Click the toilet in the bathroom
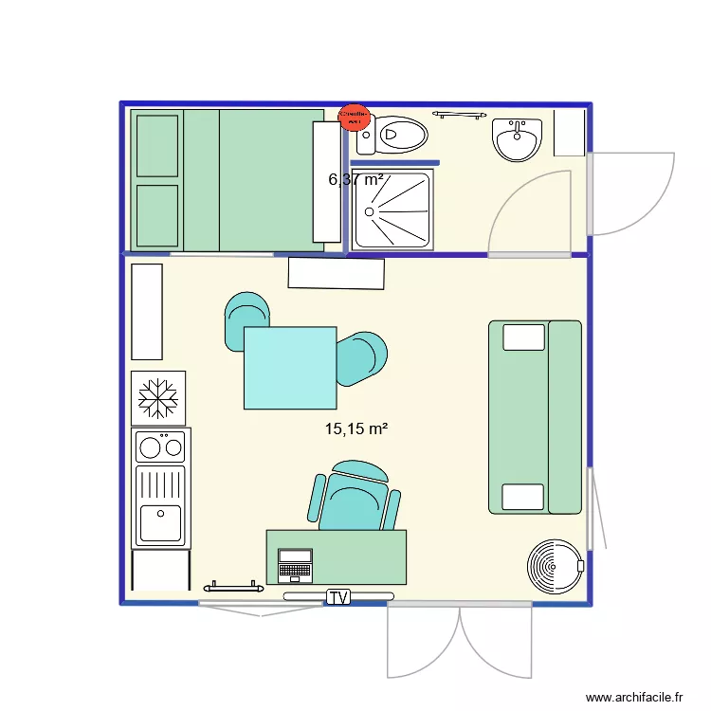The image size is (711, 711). (x=392, y=137)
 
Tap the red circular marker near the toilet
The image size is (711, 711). (x=354, y=117)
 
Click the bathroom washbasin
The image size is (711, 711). (x=517, y=140)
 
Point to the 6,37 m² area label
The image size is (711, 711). (x=355, y=178)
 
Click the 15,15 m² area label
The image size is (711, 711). (x=356, y=429)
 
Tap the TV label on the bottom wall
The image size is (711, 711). (x=338, y=597)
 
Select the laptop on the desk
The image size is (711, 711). (x=295, y=565)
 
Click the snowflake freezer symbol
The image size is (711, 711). (x=158, y=398)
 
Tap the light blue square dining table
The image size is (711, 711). (x=290, y=368)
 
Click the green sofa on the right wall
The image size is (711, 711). (x=535, y=417)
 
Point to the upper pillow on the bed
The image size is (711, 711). (x=157, y=145)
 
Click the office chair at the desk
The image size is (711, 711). (x=354, y=497)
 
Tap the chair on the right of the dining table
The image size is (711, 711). (x=363, y=358)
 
